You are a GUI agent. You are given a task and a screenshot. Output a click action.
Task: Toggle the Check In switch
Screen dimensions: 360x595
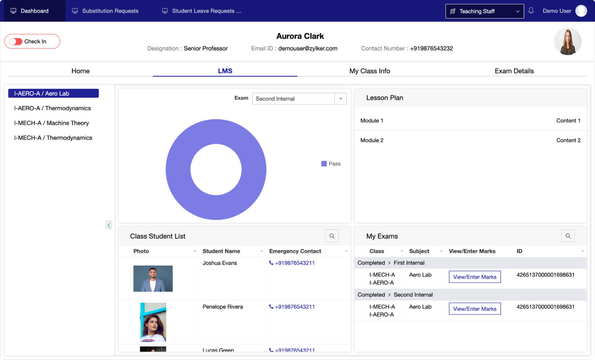tap(16, 41)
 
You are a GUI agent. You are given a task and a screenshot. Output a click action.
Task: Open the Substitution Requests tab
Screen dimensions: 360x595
tap(105, 11)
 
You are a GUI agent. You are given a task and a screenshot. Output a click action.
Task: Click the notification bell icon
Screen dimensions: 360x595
tap(531, 11)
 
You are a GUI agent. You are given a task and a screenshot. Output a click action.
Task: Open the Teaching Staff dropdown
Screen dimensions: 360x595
tap(484, 11)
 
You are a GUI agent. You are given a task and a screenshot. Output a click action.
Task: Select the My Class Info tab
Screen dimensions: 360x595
tap(369, 71)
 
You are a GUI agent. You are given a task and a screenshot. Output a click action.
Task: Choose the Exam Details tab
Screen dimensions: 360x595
tap(514, 71)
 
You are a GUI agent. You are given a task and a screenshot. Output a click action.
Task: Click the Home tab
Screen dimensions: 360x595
tap(80, 71)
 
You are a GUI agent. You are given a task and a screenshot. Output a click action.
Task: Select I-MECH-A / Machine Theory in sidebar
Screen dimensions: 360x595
tap(52, 123)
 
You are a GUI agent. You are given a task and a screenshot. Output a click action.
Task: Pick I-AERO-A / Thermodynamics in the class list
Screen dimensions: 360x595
tap(52, 108)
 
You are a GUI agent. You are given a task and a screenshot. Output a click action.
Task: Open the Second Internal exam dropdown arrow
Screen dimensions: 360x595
tap(340, 99)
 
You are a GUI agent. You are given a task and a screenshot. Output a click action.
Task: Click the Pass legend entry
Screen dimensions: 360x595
tap(331, 164)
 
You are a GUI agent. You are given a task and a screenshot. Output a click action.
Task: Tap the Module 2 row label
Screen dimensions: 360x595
tap(372, 140)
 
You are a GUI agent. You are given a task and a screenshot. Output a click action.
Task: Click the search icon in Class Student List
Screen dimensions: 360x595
tap(332, 236)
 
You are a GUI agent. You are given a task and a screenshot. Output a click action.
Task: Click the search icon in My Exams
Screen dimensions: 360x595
tap(568, 236)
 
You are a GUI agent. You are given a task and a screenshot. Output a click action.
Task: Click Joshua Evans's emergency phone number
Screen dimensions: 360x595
tap(294, 263)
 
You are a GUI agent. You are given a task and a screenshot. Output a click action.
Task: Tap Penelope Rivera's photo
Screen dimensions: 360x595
tap(153, 322)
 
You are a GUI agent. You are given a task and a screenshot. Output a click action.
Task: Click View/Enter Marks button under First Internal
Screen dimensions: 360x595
tap(475, 277)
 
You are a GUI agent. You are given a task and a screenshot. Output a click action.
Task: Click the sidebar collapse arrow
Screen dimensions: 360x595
tap(108, 225)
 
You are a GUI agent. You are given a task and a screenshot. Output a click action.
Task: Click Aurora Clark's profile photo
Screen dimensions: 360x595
tap(567, 41)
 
